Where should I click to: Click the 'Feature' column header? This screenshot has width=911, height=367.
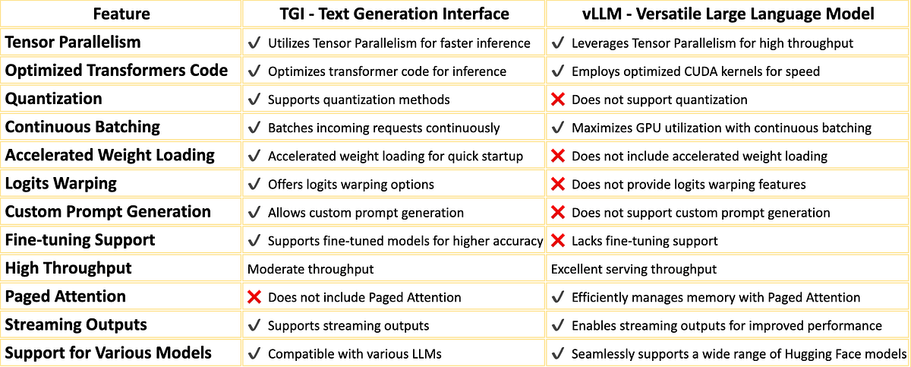click(121, 14)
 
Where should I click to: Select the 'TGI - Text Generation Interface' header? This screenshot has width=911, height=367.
click(394, 14)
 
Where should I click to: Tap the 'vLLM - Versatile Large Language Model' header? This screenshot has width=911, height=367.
click(727, 14)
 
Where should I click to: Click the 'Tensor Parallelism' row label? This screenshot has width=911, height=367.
click(73, 43)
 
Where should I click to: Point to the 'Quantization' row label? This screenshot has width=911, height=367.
click(53, 99)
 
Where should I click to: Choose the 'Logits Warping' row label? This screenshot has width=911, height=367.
click(61, 184)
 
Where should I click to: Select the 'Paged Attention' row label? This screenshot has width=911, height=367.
click(65, 296)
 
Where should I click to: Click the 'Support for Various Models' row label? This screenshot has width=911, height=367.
click(109, 353)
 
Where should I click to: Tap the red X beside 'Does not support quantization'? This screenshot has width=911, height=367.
click(558, 100)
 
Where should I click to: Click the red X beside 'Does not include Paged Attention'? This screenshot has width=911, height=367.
click(254, 297)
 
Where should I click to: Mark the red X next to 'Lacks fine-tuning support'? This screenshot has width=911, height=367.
click(558, 241)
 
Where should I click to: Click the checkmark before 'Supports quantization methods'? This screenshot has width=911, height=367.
click(254, 100)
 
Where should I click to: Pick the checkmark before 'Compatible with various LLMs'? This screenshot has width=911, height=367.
click(254, 353)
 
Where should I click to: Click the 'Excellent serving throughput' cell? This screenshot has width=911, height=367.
click(634, 269)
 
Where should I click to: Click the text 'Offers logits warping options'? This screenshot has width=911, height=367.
click(351, 184)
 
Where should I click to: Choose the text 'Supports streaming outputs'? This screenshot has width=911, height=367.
click(348, 325)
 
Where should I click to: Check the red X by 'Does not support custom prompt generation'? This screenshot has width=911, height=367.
click(558, 213)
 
